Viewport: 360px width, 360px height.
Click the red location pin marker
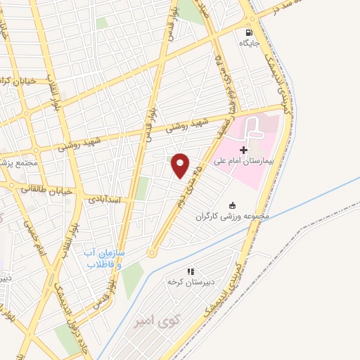click(x=181, y=165)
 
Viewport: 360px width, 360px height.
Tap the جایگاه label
click(x=250, y=44)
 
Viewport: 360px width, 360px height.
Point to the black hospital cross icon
click(x=243, y=150)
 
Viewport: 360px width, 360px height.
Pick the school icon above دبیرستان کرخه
click(x=190, y=271)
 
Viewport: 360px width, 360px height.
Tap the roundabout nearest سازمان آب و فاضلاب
click(x=150, y=252)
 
